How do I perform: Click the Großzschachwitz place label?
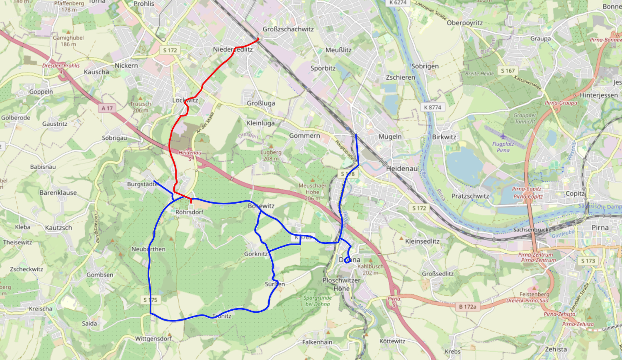288,29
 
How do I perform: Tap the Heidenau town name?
402,169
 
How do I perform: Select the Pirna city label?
600,228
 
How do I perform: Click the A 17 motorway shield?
107,108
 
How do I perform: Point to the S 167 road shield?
508,71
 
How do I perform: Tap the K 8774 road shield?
432,107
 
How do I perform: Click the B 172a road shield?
468,307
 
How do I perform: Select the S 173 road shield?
588,261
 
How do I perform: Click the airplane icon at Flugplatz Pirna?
503,136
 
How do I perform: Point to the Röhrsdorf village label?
189,212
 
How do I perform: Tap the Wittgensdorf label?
153,339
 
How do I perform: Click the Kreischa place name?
41,309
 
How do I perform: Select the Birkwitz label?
444,137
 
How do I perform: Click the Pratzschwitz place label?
470,196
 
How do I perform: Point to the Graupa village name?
540,39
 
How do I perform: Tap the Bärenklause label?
58,193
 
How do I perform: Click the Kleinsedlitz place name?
422,241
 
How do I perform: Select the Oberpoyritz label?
464,23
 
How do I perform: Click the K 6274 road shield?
398,2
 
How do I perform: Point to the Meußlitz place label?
338,50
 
